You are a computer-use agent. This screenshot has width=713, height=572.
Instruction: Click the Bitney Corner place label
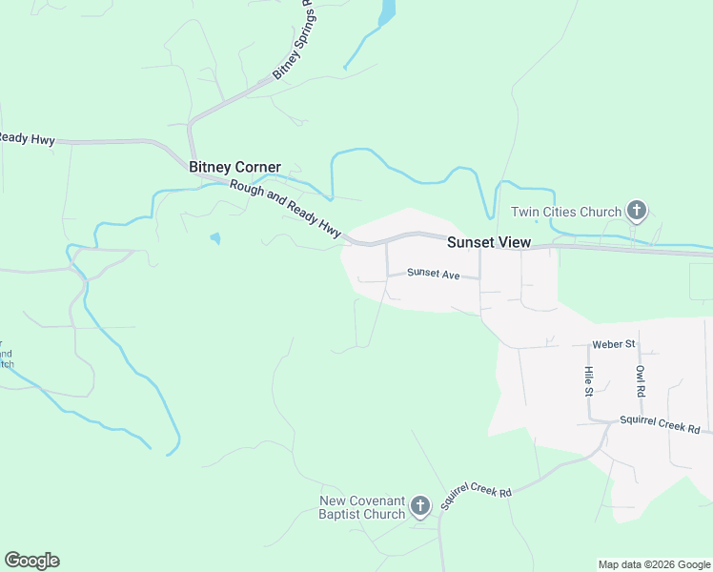click(x=234, y=167)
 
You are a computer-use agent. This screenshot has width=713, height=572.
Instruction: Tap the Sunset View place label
click(x=489, y=242)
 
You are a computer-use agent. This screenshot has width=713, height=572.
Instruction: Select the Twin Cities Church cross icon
click(x=637, y=212)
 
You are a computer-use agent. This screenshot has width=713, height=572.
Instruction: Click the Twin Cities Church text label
click(x=566, y=212)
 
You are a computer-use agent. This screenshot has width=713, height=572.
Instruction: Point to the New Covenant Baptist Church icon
click(x=420, y=508)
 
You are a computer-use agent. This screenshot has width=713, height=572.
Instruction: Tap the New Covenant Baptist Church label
click(x=362, y=508)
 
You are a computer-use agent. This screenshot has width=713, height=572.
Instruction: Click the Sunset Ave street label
click(x=434, y=274)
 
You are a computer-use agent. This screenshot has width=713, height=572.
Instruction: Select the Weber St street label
click(x=613, y=343)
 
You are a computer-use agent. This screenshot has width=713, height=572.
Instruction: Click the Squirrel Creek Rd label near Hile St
click(x=660, y=422)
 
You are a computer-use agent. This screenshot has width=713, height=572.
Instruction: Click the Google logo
click(x=31, y=561)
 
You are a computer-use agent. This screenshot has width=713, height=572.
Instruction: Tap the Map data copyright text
click(x=654, y=564)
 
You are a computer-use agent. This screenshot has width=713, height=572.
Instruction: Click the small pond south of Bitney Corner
click(x=215, y=238)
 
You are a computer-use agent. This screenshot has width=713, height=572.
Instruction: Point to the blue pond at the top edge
click(x=386, y=11)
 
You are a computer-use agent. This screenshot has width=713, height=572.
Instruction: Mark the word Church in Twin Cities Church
click(x=599, y=212)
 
